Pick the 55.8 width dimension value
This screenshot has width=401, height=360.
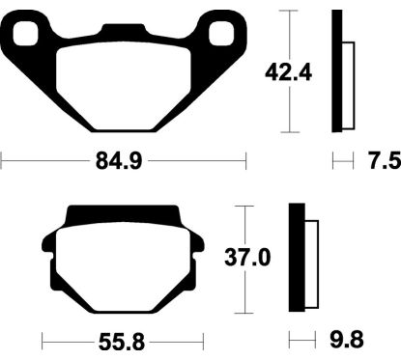(122, 342)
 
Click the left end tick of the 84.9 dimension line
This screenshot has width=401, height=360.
(2, 160)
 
